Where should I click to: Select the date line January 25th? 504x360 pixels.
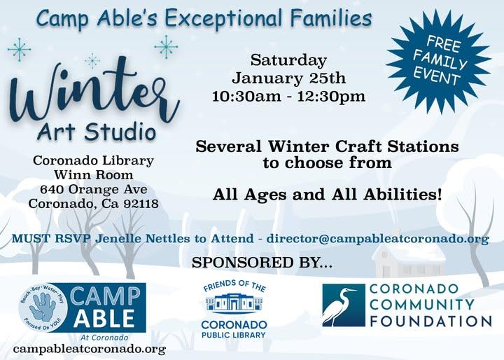[288, 78]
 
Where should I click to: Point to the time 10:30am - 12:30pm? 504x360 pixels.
[288, 96]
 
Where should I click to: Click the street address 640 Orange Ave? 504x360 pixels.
[94, 189]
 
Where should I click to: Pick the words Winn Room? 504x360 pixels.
[94, 175]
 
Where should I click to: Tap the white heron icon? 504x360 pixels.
[342, 306]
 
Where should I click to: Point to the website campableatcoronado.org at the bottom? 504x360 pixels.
[89, 348]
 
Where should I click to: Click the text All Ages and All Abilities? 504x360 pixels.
[328, 195]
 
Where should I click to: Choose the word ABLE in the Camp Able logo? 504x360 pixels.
[105, 318]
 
